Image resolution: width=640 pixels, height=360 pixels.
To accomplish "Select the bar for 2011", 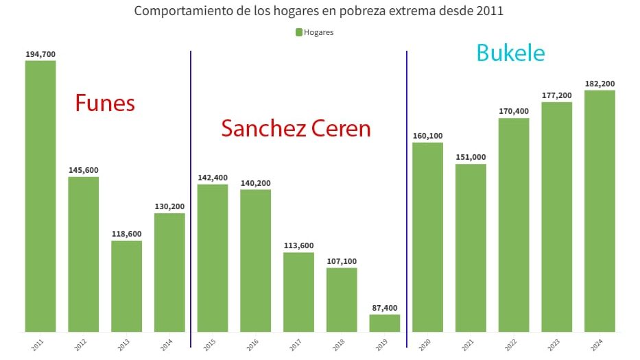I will (40, 196).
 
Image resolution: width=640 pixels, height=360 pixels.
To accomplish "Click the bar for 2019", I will (385, 323).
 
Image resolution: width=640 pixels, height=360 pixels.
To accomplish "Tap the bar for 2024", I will (600, 211).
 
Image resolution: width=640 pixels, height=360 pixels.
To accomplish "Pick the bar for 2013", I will (126, 286).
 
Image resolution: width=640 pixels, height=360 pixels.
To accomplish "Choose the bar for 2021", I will (471, 248).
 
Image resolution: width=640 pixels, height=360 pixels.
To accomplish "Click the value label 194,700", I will (40, 54).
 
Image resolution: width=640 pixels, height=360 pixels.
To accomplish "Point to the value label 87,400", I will (385, 308).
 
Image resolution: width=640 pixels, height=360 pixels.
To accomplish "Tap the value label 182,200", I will (600, 84).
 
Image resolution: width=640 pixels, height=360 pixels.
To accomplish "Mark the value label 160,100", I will (427, 136).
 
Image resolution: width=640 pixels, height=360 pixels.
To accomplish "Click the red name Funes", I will (105, 103).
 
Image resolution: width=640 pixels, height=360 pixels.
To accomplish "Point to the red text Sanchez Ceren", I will (296, 128).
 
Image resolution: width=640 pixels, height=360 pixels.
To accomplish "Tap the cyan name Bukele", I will (510, 53).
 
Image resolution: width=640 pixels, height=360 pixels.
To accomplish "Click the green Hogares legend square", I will (299, 32).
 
